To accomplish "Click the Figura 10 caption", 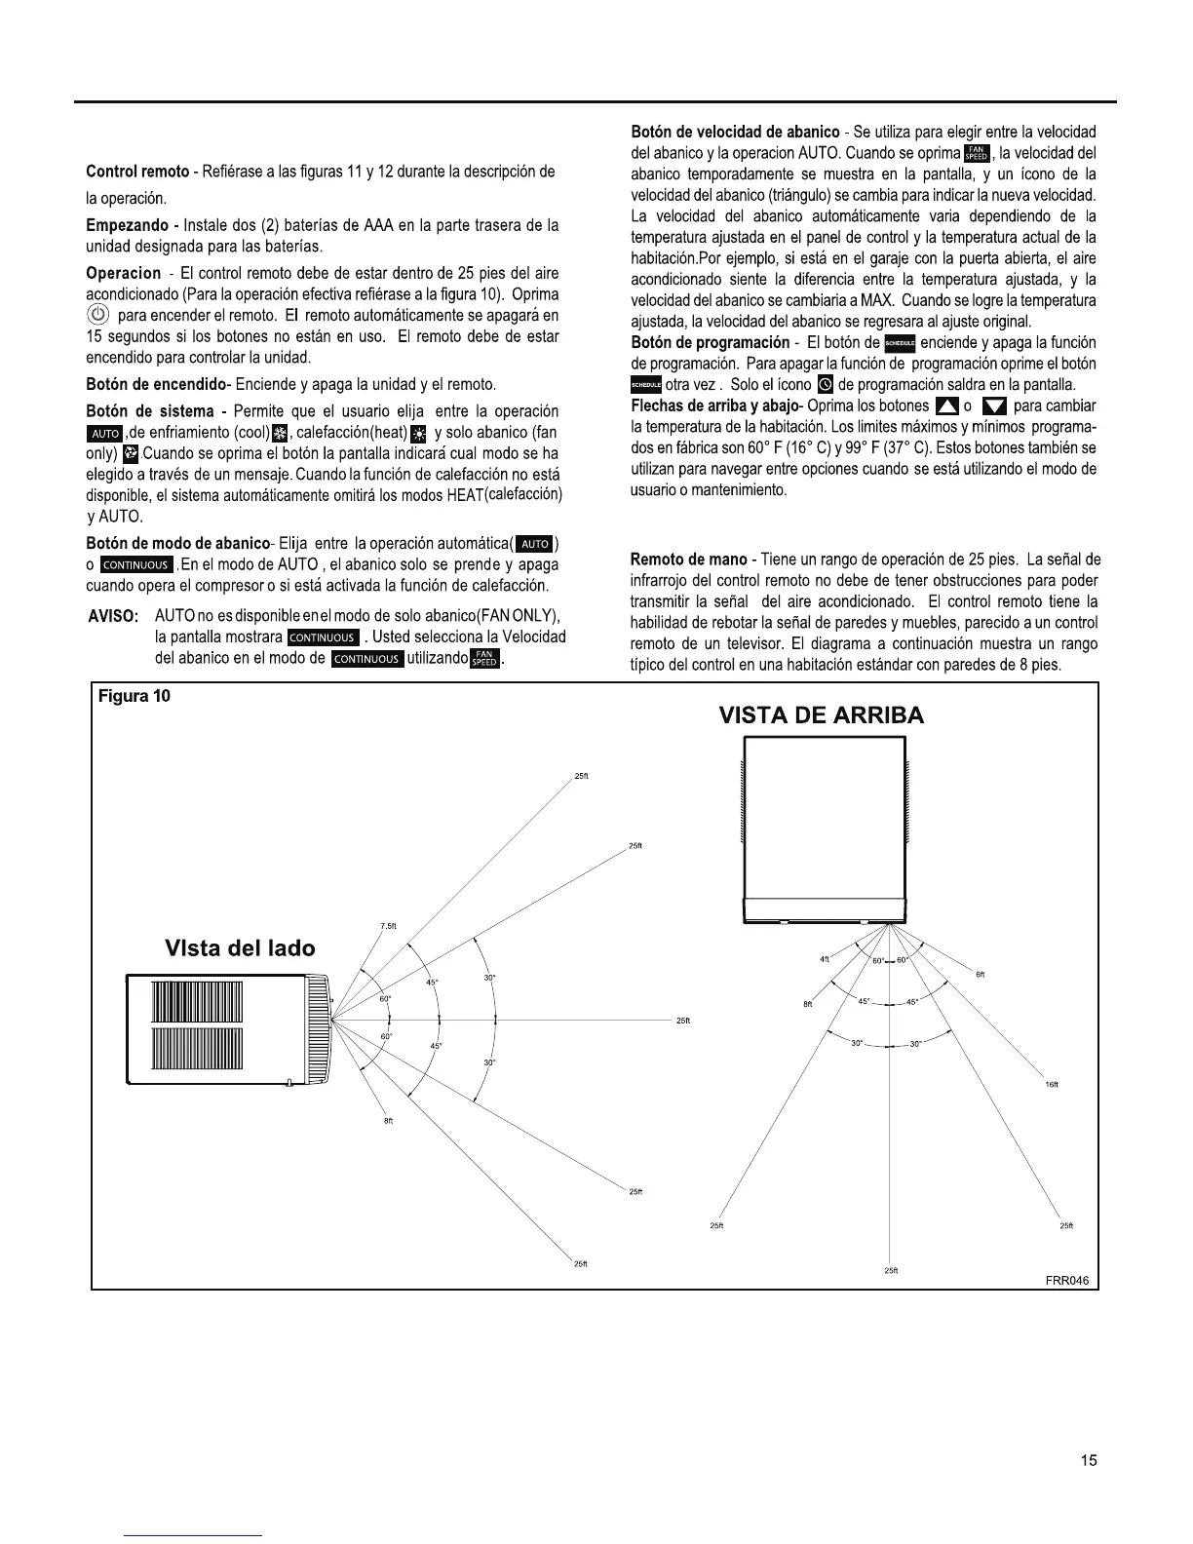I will (x=135, y=697).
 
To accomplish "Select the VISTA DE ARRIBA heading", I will (x=821, y=714).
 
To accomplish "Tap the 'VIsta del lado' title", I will (x=240, y=948).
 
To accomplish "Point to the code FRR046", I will (x=1066, y=1280).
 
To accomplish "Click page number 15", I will (x=1089, y=1460).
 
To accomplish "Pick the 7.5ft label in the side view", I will (x=388, y=926).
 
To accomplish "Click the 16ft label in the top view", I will (x=1052, y=1084).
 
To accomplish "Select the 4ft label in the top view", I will (x=825, y=959).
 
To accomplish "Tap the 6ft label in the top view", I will (x=981, y=975).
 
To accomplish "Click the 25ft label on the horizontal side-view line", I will (x=683, y=1021).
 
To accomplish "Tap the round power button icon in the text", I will (x=97, y=315).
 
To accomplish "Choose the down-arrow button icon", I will (x=994, y=406).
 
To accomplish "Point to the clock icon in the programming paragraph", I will (x=824, y=385).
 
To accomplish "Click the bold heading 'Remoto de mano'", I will (x=688, y=560).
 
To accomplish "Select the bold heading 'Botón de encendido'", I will (x=155, y=384).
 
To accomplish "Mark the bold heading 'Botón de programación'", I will (x=710, y=342).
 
